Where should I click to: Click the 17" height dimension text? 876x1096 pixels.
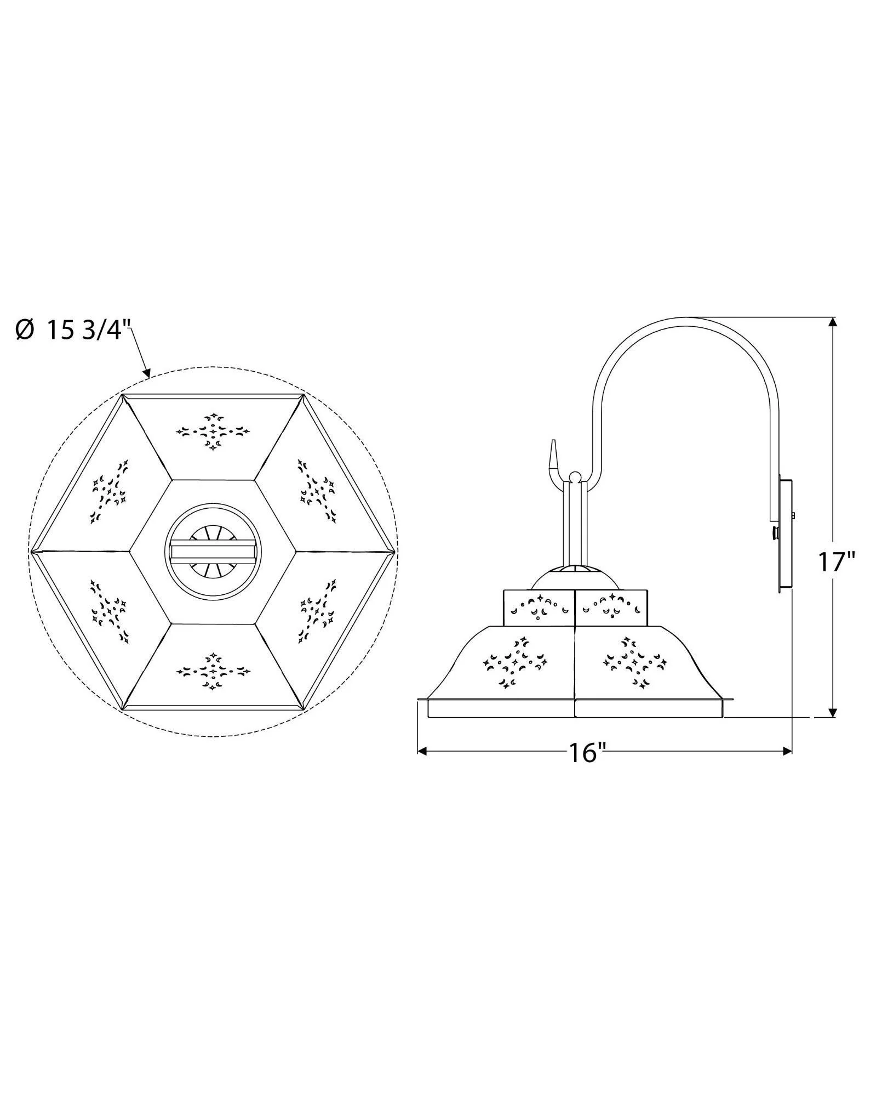pos(836,562)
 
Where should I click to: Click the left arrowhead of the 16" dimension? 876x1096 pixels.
pos(422,751)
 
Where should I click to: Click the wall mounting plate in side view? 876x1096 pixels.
pos(786,536)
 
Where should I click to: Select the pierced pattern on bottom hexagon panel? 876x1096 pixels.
pos(213,671)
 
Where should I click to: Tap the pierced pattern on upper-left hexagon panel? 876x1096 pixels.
pos(110,491)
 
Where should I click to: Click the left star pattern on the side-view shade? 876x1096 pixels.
pos(513,662)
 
